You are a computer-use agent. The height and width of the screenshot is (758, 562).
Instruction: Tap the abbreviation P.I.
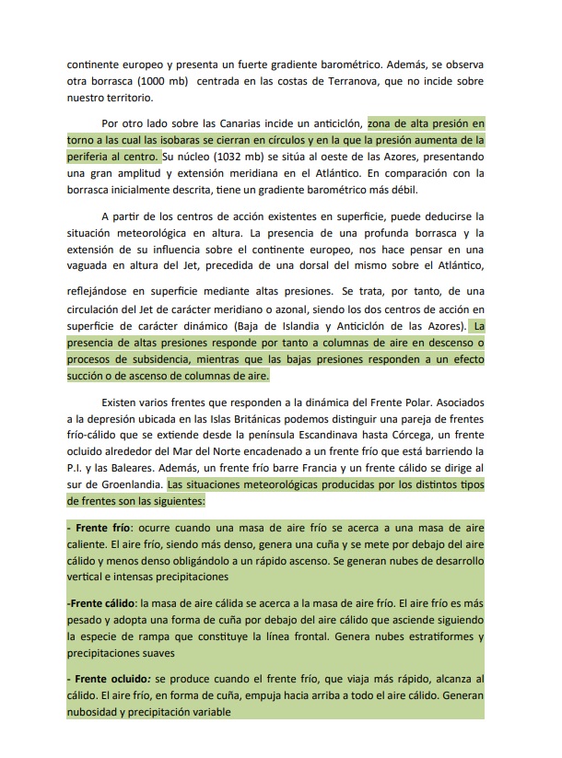pyautogui.click(x=76, y=469)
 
